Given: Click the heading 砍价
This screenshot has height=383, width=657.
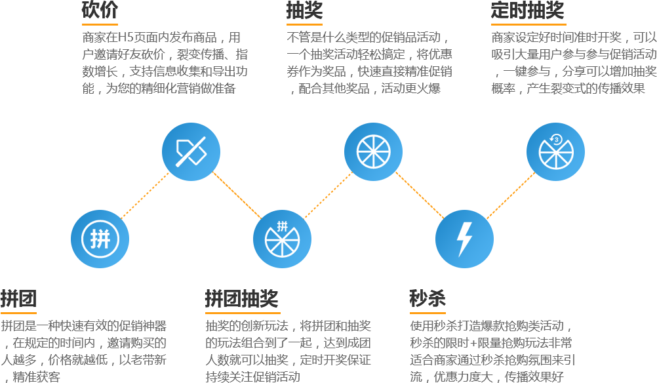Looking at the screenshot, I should click(x=100, y=10).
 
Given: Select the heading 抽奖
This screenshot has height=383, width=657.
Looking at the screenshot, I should click(x=304, y=10).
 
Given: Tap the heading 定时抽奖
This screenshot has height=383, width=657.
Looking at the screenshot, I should click(x=527, y=10).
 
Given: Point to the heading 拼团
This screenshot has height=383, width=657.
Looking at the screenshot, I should click(x=18, y=298).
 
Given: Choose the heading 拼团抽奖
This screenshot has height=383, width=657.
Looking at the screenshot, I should click(x=241, y=298).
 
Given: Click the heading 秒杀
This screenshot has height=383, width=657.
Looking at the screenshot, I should click(x=428, y=298).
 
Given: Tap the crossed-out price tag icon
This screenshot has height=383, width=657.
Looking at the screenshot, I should click(x=191, y=151).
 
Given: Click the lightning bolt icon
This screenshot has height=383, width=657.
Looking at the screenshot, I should click(x=465, y=238).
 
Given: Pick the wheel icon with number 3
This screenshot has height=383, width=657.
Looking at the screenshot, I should click(x=555, y=151).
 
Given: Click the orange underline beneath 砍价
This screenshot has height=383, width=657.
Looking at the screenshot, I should click(x=100, y=24).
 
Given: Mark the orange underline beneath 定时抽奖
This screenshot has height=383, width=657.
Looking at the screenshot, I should click(x=527, y=24).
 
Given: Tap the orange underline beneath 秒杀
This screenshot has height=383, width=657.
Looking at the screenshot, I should click(x=428, y=312).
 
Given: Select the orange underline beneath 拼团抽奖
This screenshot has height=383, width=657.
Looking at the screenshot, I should click(x=241, y=312).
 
